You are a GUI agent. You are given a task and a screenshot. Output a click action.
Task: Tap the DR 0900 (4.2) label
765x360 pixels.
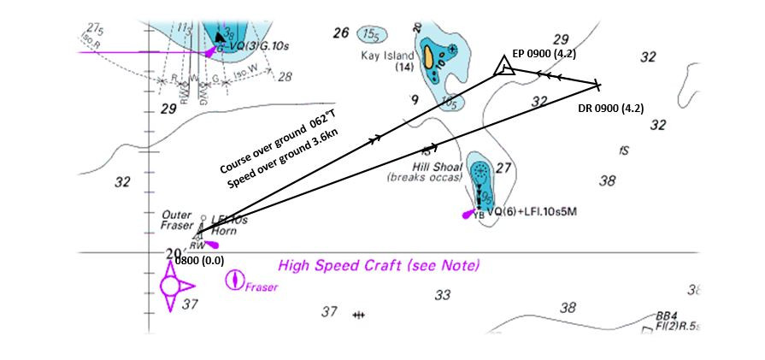[609, 108]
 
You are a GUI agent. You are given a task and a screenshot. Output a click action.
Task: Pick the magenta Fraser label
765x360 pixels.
[262, 287]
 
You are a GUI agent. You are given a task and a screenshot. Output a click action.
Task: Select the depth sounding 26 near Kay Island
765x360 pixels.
[341, 33]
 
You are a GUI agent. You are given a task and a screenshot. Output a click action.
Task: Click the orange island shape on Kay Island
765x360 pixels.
[427, 57]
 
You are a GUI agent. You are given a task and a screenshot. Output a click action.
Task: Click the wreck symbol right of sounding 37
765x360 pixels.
[359, 316]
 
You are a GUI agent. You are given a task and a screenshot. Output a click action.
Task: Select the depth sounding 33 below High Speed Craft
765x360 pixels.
[442, 295]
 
